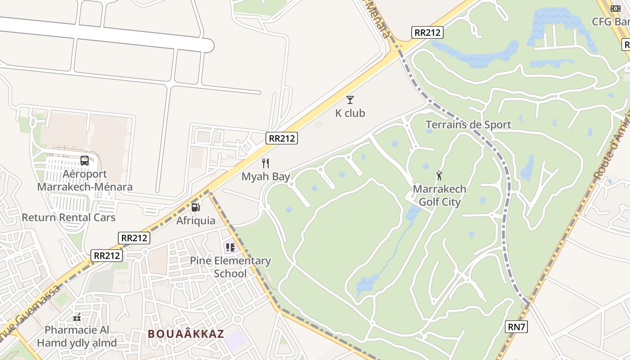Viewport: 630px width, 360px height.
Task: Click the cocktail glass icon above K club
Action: pos(350,100)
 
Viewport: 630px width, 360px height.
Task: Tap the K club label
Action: pos(350,113)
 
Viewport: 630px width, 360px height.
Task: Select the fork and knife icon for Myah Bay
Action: pos(265,163)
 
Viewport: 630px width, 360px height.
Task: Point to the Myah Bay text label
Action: pos(265,177)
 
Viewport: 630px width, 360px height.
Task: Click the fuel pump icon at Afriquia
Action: pos(195,207)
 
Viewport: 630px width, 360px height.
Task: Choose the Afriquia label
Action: pos(196,221)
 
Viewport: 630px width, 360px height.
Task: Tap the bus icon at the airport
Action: pos(85,161)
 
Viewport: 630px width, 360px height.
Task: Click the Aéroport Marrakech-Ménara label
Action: pos(85,180)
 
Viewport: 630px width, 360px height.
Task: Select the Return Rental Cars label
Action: pos(69,217)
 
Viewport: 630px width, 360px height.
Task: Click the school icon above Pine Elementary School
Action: pos(230,247)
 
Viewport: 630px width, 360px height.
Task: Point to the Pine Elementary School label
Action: pos(230,267)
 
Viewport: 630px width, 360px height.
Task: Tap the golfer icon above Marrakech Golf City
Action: pos(439,175)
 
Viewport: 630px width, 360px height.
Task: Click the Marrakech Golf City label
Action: pos(439,195)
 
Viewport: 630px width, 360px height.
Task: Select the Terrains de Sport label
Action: pos(468,125)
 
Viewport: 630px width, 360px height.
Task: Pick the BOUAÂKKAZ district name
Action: pos(186,334)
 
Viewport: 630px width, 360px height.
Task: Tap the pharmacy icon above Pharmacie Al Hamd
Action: pos(77,317)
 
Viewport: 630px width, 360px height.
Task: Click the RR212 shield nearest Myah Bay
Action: pos(282,138)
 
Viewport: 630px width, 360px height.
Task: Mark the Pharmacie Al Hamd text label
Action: pos(77,336)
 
